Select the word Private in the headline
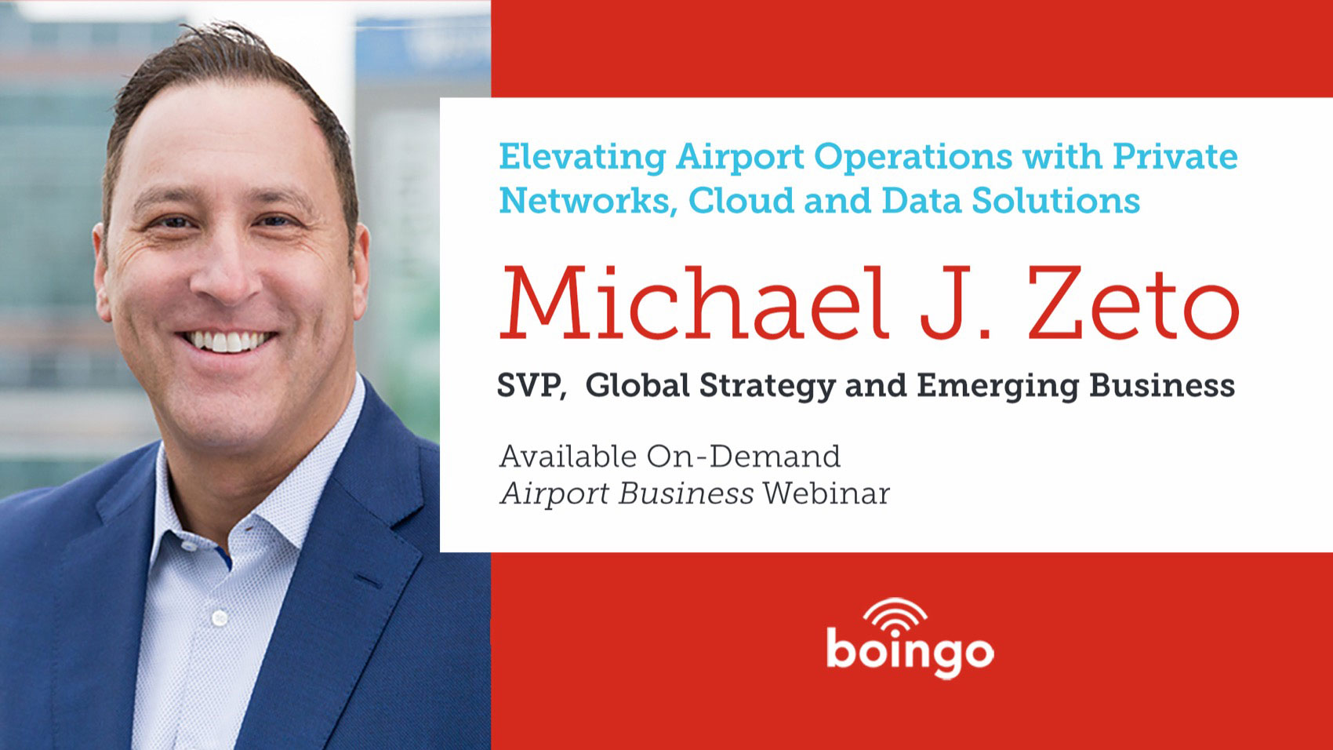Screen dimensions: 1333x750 point(1175,156)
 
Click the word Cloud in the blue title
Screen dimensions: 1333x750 point(740,200)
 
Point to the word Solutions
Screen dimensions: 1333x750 point(1055,200)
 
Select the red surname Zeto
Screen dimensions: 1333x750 point(1133,304)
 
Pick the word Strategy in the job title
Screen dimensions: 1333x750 point(767,387)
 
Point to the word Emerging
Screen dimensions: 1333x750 point(997,387)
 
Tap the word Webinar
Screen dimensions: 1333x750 point(826,493)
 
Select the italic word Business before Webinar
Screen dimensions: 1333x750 point(685,493)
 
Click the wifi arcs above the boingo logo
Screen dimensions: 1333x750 point(895,613)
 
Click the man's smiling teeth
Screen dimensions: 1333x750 point(227,341)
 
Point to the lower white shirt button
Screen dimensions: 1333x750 point(220,618)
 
